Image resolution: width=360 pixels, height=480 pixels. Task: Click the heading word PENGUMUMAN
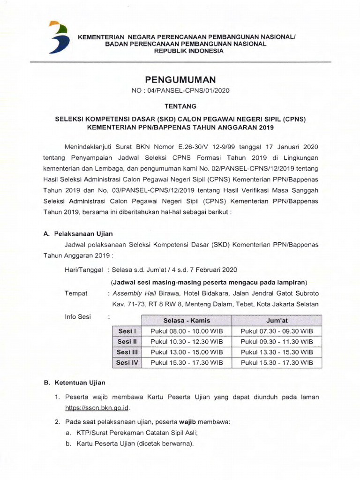point(180,81)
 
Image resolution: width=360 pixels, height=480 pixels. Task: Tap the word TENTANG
point(180,107)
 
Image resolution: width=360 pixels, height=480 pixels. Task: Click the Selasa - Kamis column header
point(187,321)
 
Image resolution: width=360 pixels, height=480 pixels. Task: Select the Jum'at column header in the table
point(277,321)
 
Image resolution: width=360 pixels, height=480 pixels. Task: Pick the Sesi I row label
point(127,331)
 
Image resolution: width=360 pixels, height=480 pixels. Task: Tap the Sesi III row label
point(127,352)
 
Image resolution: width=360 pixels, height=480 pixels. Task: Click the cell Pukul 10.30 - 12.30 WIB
point(187,342)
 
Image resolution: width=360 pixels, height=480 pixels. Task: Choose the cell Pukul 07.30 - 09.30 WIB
point(277,331)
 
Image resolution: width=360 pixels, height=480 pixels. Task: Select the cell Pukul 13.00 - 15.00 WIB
point(187,352)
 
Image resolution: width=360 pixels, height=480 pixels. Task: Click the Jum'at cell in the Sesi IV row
point(277,362)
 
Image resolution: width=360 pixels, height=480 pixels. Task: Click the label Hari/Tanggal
point(84,270)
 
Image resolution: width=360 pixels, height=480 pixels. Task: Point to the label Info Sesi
point(78,317)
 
